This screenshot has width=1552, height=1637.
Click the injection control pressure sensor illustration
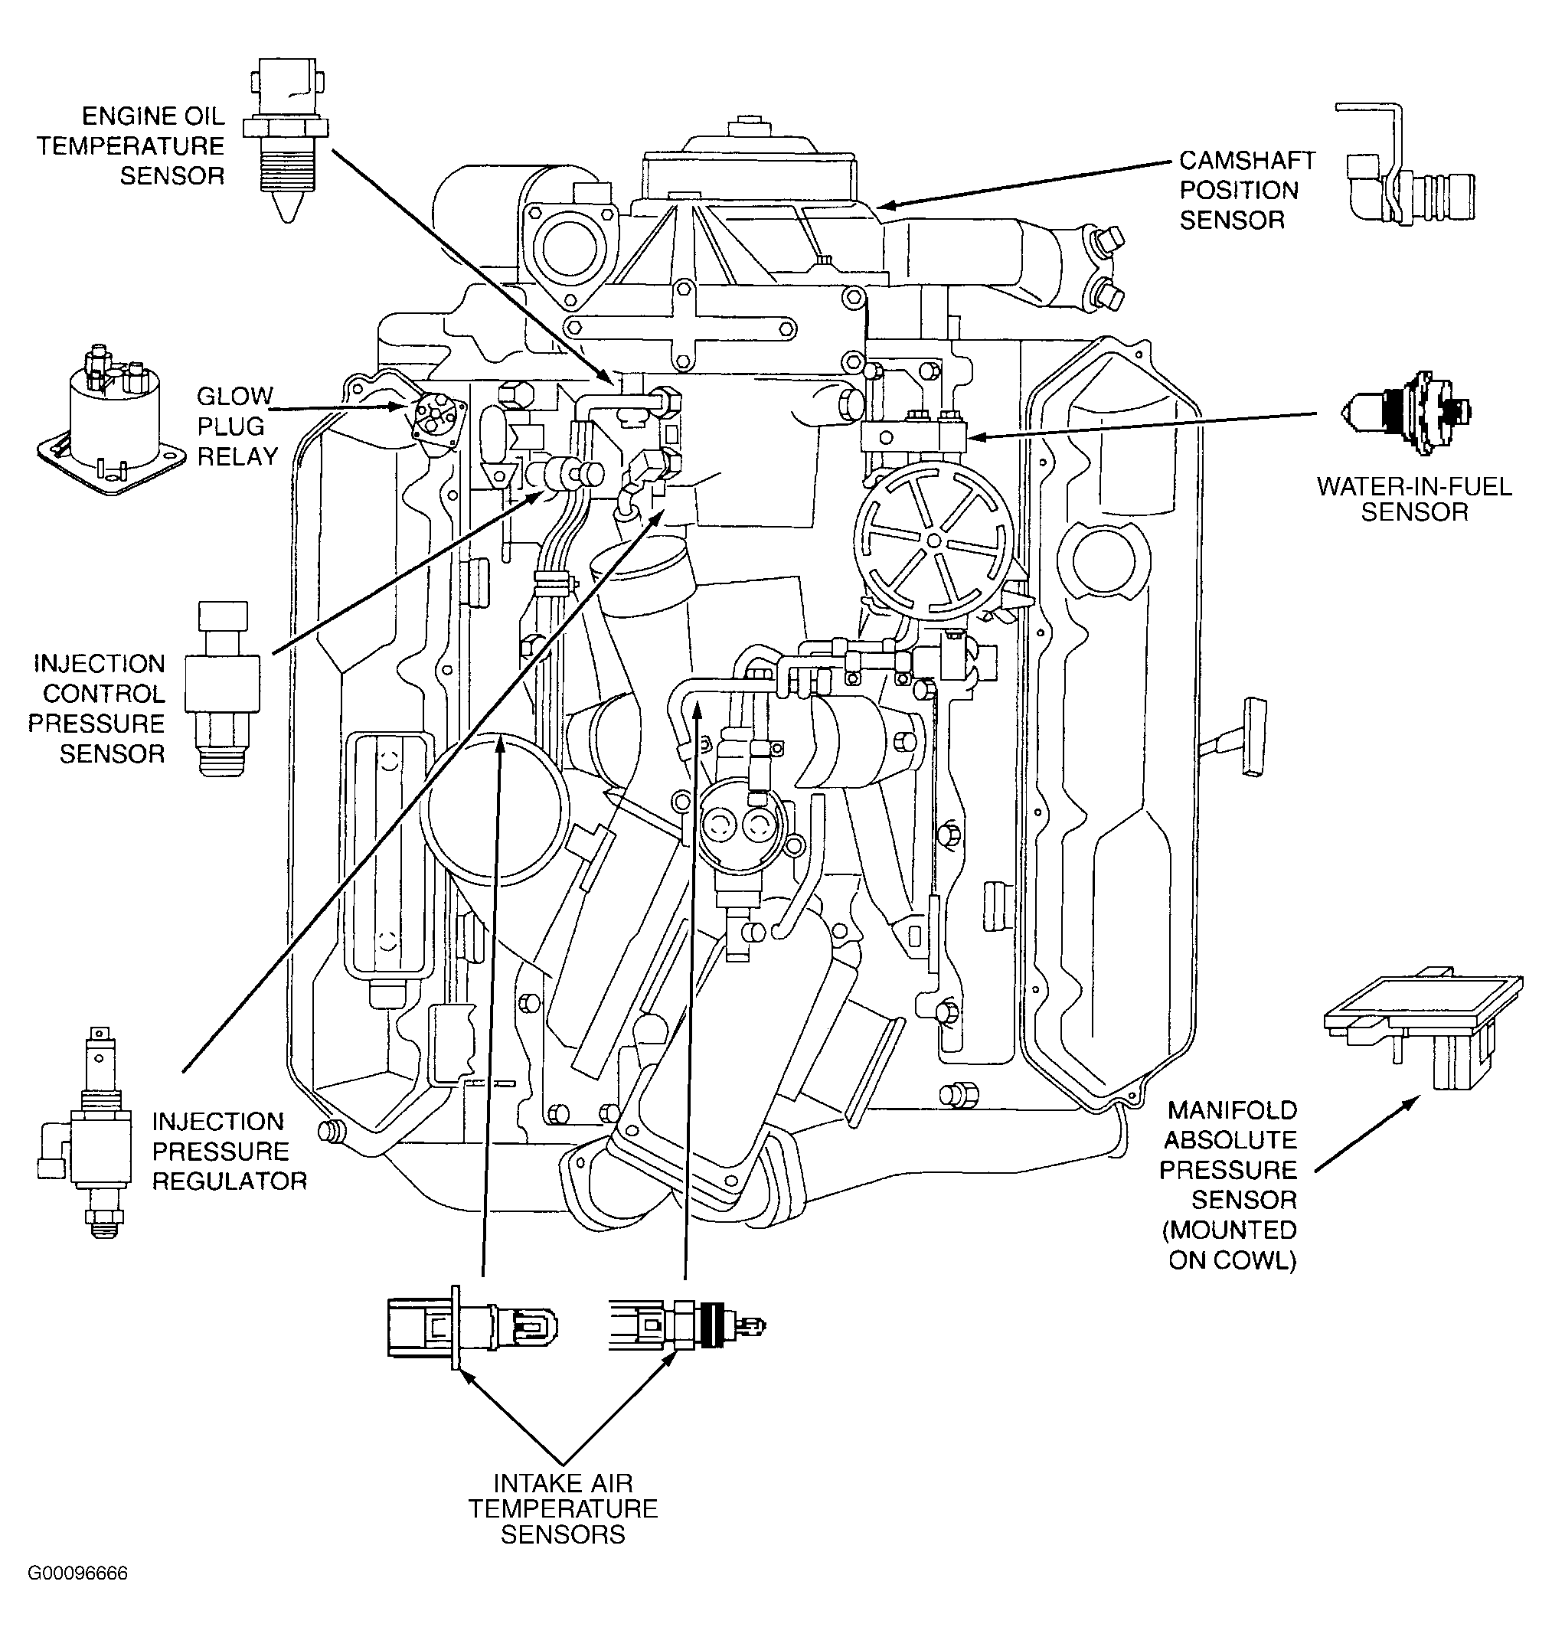click(x=223, y=688)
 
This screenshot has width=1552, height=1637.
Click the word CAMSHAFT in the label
click(x=1247, y=160)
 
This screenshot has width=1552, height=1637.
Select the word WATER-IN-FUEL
click(x=1414, y=486)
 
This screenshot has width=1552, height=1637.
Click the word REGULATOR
click(x=229, y=1181)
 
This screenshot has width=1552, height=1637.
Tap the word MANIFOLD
click(x=1233, y=1110)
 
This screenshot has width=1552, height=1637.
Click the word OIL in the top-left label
click(x=203, y=116)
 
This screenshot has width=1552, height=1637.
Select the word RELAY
click(x=237, y=456)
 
